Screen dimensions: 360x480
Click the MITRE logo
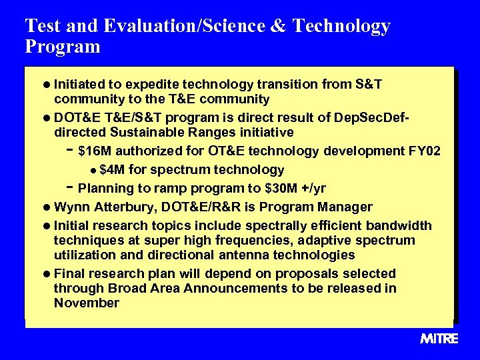coord(439,339)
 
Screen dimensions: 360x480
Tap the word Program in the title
coord(62,47)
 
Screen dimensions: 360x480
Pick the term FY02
coord(423,151)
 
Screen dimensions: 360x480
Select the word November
coord(87,303)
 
